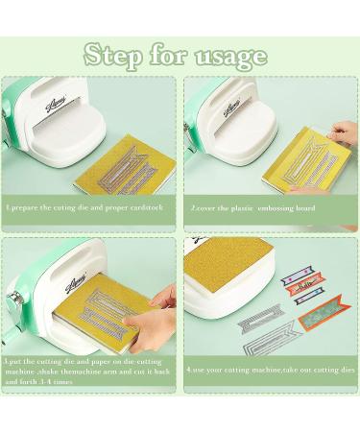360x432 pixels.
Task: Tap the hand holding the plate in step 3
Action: pyautogui.click(x=163, y=298)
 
